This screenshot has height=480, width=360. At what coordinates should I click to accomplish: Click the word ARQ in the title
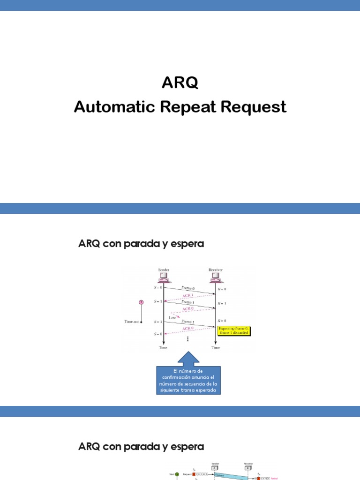click(180, 82)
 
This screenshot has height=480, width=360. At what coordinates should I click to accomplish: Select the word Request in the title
click(254, 107)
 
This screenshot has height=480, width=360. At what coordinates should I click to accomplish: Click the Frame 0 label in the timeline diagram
click(188, 288)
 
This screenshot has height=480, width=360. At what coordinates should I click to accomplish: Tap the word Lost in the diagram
click(172, 317)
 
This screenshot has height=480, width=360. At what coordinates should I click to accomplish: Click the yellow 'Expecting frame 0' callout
click(234, 331)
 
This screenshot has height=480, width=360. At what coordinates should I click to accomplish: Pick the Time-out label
click(131, 322)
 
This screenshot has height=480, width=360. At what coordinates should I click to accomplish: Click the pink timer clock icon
click(141, 302)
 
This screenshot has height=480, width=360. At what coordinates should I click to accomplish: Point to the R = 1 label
click(222, 303)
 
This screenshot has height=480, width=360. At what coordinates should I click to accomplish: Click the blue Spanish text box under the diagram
click(188, 380)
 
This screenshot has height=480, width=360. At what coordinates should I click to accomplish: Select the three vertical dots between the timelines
click(188, 338)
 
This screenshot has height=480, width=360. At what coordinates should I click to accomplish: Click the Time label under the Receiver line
click(216, 348)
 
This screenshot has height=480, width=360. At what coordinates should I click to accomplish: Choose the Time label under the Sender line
click(164, 348)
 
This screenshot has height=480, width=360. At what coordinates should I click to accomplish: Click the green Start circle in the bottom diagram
click(177, 474)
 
